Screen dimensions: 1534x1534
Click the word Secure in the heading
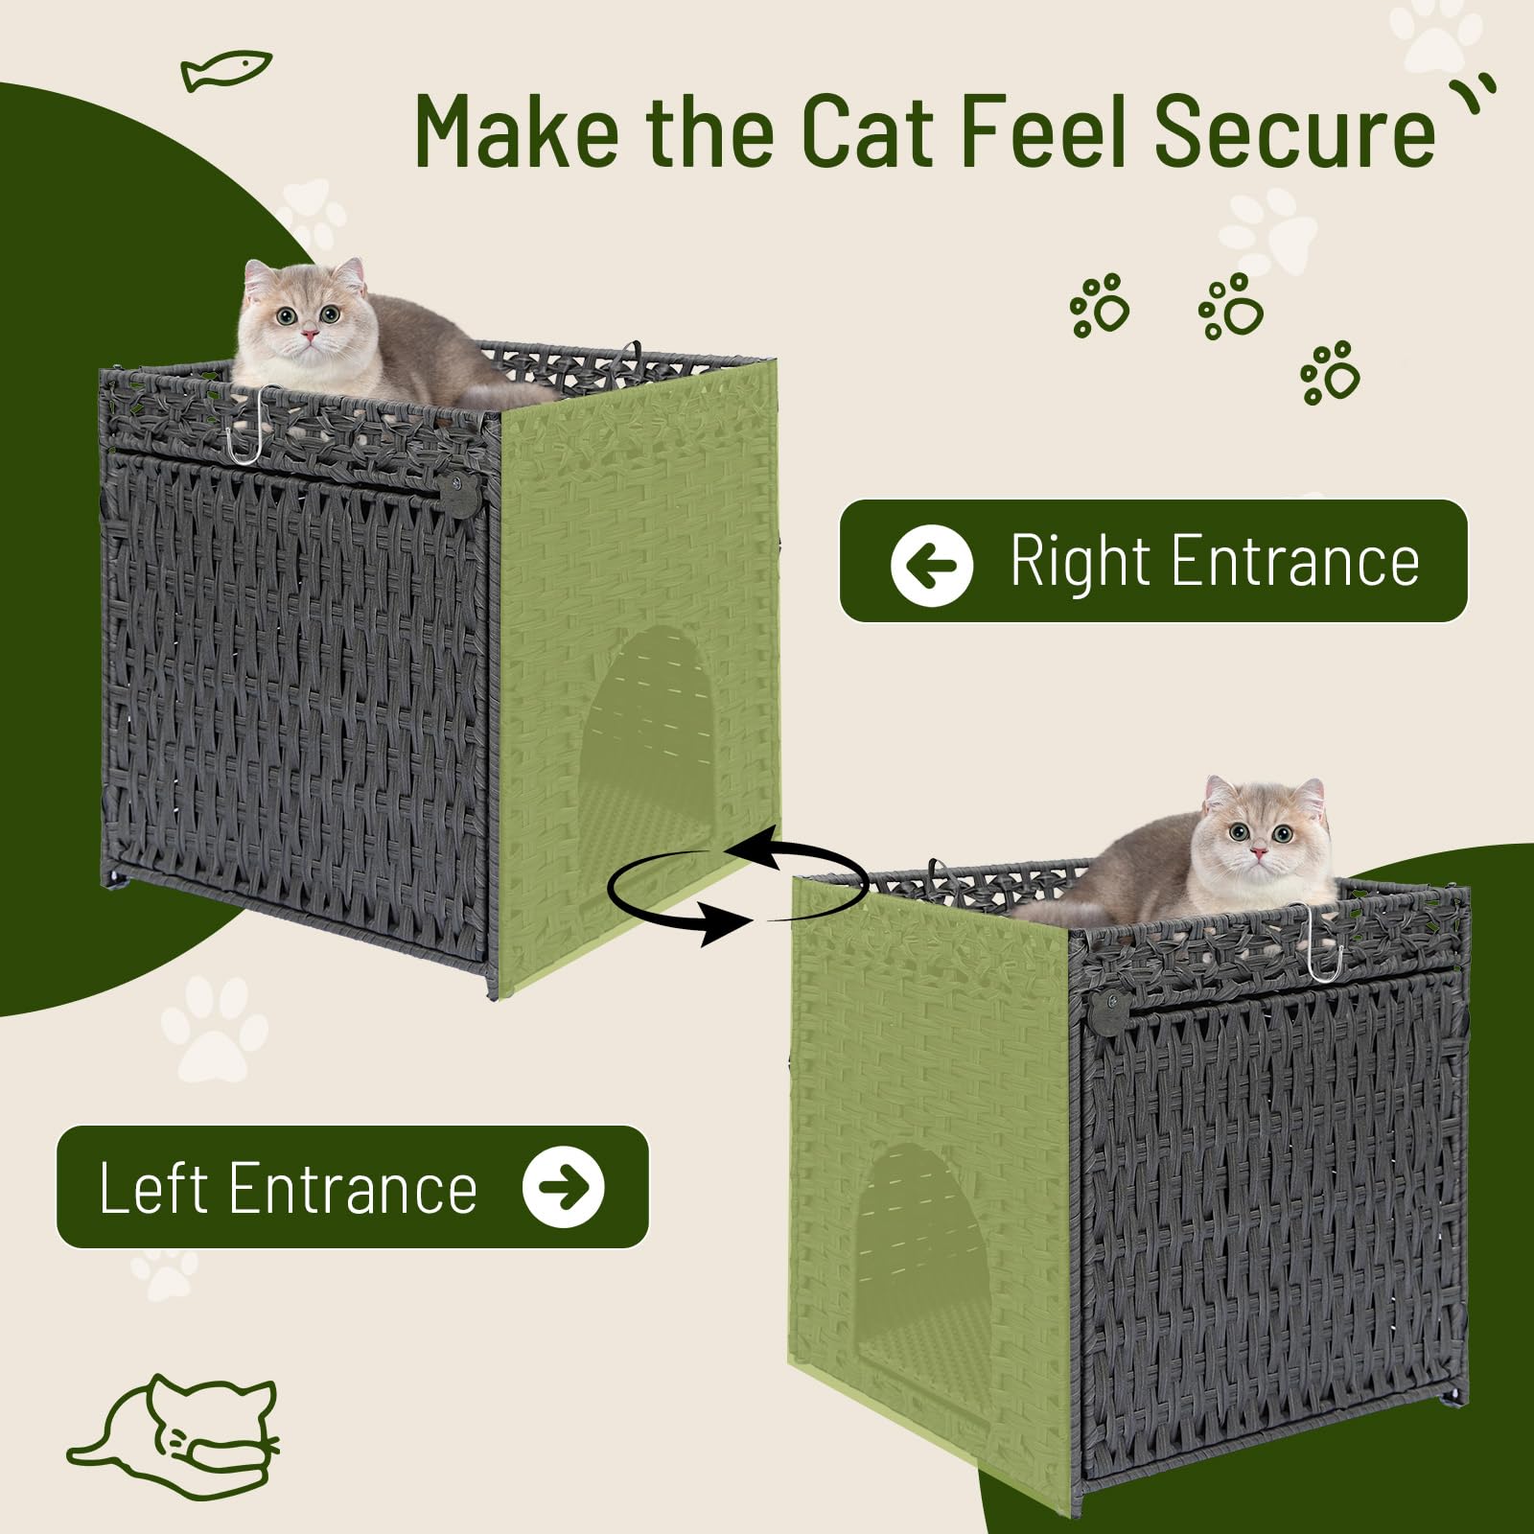[x=1294, y=130]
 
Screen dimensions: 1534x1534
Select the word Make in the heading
[x=517, y=130]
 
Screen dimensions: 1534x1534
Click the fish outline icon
[x=226, y=71]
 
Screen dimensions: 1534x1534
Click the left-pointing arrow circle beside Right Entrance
[x=931, y=565]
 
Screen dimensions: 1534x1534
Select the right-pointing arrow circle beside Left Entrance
[x=563, y=1187]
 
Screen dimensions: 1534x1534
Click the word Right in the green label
[x=1080, y=564]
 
